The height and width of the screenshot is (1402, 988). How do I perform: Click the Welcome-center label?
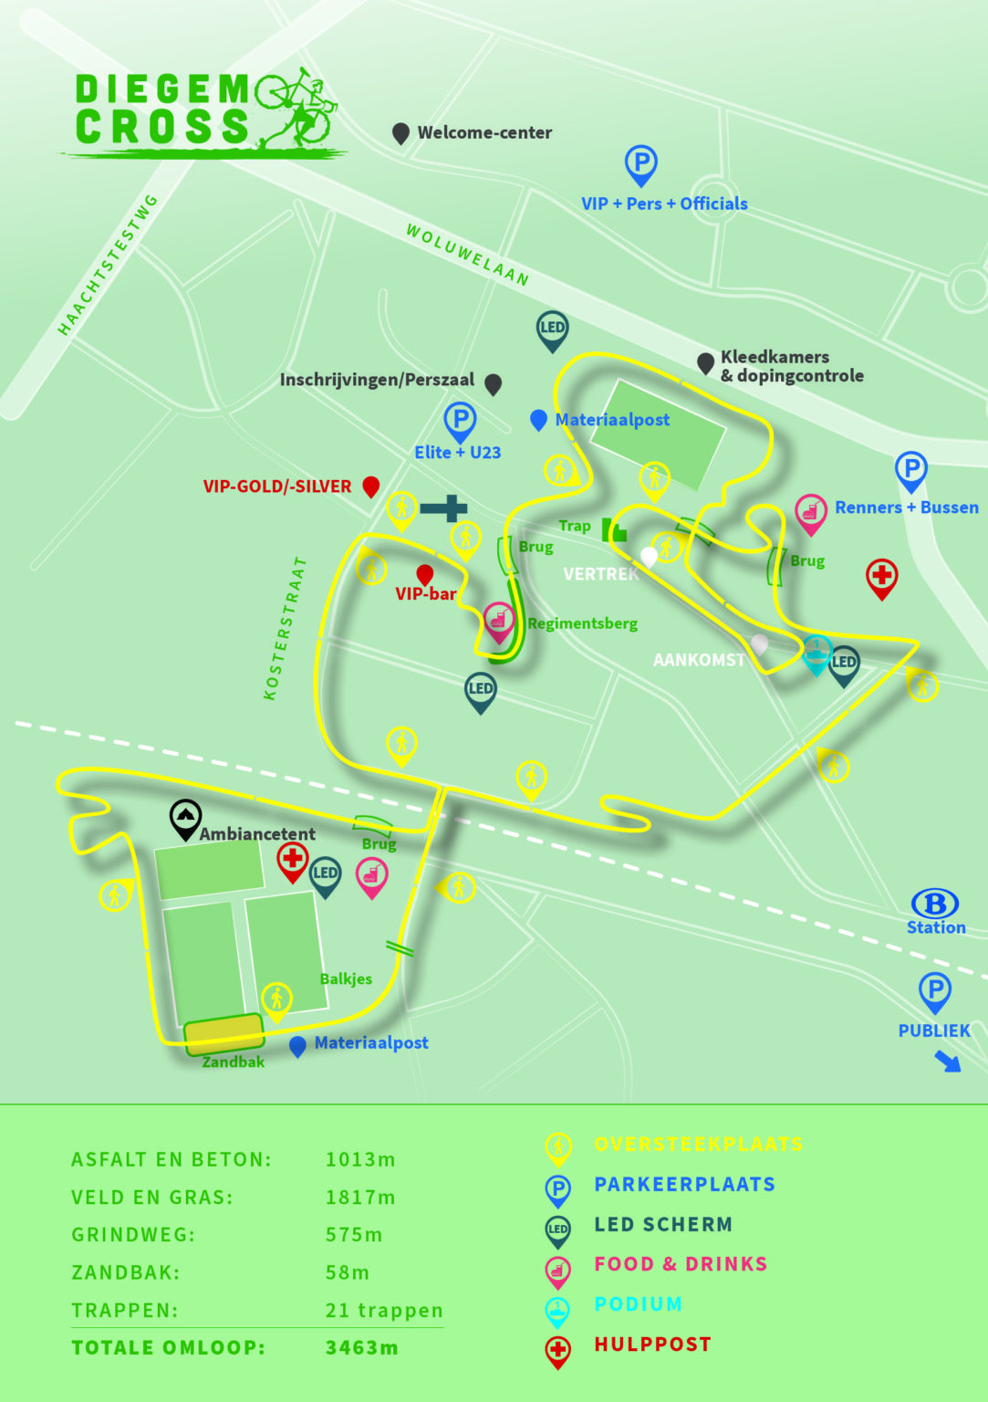(484, 132)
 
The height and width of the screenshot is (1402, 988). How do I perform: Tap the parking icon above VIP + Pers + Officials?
(640, 164)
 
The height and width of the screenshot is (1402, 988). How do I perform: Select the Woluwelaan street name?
(467, 255)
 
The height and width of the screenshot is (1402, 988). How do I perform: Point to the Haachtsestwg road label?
(108, 264)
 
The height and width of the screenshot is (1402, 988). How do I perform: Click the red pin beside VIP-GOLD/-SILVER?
(370, 486)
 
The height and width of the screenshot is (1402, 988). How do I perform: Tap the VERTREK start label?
(600, 574)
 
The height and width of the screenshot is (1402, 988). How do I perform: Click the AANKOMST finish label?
(699, 659)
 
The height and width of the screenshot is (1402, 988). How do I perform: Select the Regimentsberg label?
(582, 623)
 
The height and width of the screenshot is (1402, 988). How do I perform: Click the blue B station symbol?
(935, 904)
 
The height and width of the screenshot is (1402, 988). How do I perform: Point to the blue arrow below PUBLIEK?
(948, 1061)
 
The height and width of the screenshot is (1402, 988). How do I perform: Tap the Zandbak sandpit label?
(233, 1062)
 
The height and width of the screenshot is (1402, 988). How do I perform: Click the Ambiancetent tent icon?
(185, 818)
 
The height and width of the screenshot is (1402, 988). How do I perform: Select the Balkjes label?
(346, 978)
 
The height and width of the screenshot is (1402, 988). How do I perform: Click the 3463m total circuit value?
(361, 1347)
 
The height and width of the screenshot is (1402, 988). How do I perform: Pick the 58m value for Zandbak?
(348, 1272)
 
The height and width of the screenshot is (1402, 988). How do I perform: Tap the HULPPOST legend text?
(652, 1344)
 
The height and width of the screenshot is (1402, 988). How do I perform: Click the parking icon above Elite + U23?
(460, 421)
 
